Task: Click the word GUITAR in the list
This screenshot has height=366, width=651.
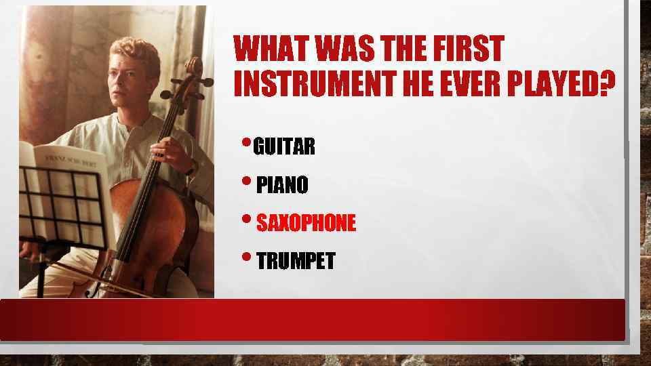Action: pos(285,147)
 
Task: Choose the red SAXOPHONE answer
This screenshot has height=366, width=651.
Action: pos(306,223)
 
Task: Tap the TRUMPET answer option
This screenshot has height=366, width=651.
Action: pos(296,261)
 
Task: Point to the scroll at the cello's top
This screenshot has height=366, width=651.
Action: pos(194,68)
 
